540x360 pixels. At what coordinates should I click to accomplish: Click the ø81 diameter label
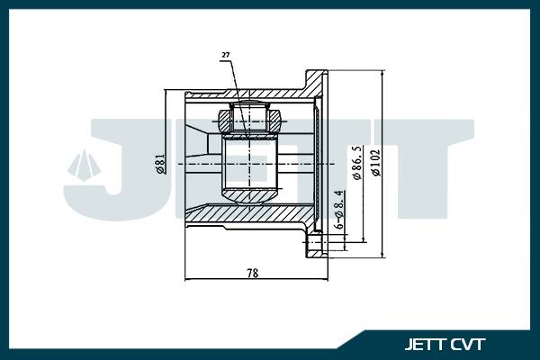(159, 164)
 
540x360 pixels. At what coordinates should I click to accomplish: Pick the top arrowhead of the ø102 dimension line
(384, 73)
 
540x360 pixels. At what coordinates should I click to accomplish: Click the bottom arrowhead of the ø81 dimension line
(166, 233)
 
